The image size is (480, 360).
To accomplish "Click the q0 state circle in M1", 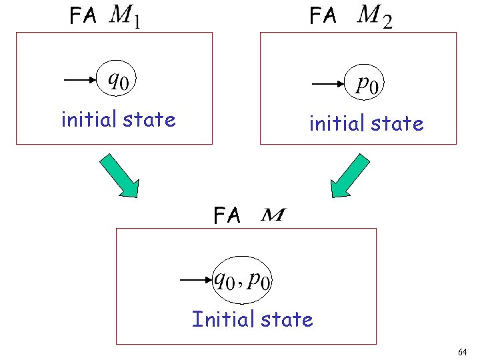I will click(118, 81).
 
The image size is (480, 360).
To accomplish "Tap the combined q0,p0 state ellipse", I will click(243, 281).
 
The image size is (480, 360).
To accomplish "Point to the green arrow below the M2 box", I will click(350, 176).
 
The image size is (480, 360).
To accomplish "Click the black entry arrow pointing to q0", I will click(81, 81).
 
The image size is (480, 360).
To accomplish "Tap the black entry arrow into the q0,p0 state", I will click(196, 281).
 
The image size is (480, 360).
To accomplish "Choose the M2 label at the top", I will click(374, 17).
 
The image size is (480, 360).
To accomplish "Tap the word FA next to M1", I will click(84, 17).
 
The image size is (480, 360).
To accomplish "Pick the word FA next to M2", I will click(323, 17).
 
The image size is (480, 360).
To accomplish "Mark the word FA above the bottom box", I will click(227, 215).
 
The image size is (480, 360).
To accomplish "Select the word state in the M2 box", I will click(399, 124).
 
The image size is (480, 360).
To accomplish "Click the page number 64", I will click(463, 351).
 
